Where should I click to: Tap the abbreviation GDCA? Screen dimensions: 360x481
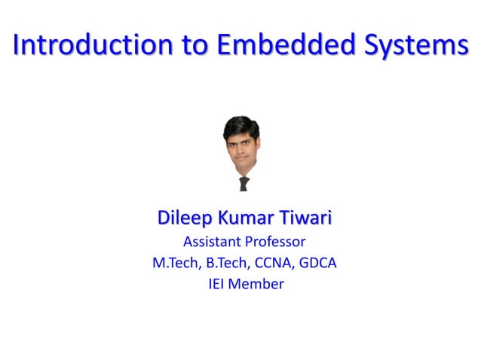coord(317,264)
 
